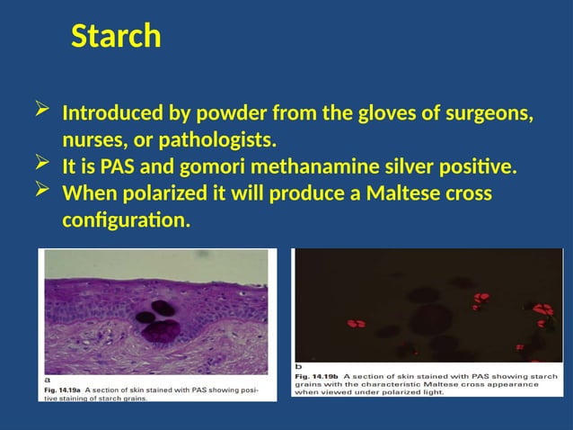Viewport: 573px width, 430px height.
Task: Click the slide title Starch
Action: click(x=116, y=37)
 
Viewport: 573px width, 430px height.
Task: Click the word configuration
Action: click(x=126, y=219)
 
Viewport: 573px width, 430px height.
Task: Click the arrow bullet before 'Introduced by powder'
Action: click(x=41, y=112)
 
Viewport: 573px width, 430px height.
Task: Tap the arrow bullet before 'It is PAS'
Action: click(x=41, y=165)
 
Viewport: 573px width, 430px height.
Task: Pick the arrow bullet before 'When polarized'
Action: click(x=41, y=191)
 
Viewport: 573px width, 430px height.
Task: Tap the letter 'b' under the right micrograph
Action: click(x=299, y=366)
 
